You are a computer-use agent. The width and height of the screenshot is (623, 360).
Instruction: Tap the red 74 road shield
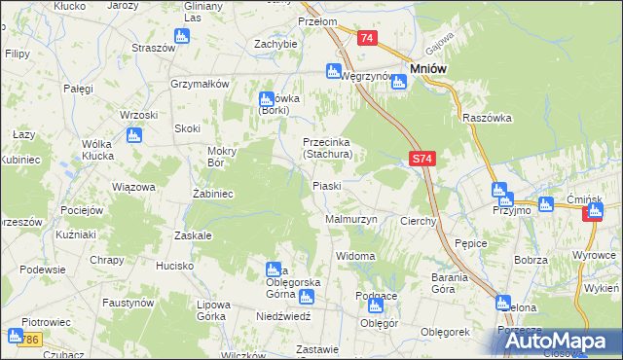[367, 38]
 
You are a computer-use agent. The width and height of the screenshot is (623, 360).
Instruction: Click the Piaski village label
[325, 186]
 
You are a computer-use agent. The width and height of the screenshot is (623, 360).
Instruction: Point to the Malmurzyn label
[350, 221]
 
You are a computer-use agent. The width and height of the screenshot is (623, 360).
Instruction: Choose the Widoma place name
[355, 256]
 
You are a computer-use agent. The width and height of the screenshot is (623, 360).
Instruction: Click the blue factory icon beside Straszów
[182, 37]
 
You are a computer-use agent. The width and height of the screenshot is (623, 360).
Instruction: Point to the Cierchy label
[419, 222]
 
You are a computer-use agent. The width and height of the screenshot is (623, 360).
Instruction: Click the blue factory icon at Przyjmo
[499, 191]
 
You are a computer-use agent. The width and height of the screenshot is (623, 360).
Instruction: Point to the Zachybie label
[275, 44]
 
